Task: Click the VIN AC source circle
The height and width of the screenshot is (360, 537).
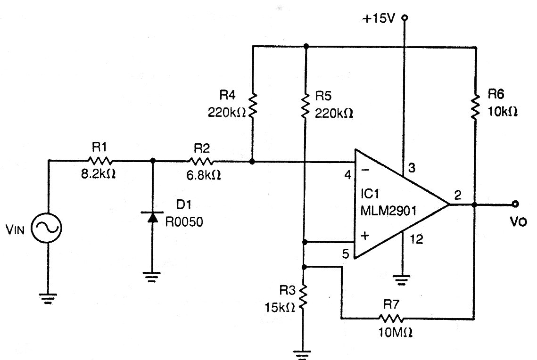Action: (48, 229)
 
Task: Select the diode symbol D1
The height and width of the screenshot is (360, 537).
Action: (152, 218)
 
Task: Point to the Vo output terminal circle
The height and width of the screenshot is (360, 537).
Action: (515, 204)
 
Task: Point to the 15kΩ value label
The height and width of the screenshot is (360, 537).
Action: (281, 307)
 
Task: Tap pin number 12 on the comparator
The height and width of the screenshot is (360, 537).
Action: (416, 239)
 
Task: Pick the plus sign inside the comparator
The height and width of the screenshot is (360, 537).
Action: (364, 236)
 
